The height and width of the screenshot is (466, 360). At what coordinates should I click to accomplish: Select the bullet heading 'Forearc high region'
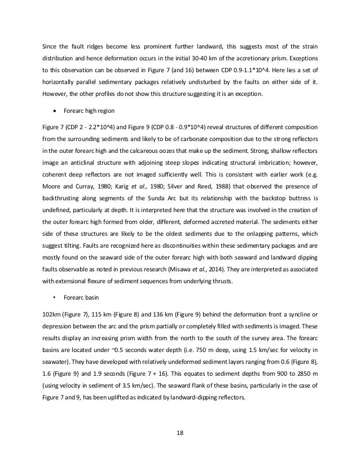81,122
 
